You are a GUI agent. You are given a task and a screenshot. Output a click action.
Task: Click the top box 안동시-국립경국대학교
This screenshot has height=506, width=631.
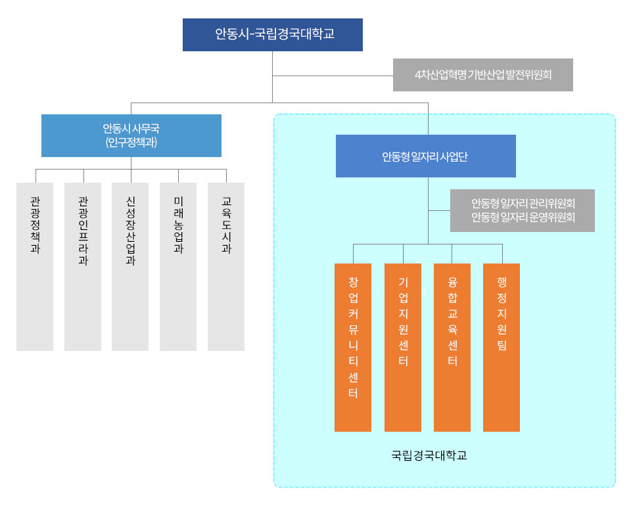click(272, 35)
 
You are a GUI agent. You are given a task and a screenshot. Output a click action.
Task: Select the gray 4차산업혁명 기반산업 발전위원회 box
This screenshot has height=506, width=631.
click(483, 75)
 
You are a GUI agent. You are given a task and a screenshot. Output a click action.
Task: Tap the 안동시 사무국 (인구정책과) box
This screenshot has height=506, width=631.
click(131, 135)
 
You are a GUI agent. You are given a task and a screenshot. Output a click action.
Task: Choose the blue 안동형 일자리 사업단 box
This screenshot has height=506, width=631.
click(426, 156)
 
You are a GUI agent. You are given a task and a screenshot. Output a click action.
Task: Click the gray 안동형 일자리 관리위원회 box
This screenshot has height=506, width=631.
click(523, 210)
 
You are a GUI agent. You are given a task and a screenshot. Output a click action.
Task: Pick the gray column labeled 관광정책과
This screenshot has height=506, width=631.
click(35, 267)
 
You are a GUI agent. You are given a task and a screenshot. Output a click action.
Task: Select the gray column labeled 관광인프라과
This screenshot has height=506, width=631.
click(83, 267)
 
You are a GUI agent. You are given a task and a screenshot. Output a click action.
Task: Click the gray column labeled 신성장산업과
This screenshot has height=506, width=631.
click(130, 267)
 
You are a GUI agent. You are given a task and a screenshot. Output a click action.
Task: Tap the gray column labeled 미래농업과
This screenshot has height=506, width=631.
click(178, 267)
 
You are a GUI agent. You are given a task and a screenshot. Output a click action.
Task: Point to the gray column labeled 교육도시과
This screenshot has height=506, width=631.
click(226, 267)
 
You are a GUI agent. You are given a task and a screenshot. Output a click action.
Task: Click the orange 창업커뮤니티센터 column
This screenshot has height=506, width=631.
click(353, 348)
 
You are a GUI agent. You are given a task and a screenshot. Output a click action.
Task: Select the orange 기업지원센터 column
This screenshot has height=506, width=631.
click(403, 348)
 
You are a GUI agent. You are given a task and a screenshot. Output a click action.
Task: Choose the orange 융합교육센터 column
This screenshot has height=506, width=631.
click(452, 348)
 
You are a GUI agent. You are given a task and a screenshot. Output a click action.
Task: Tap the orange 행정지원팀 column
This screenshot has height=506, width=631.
click(502, 348)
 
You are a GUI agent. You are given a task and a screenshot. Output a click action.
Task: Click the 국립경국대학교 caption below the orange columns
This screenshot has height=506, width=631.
click(429, 455)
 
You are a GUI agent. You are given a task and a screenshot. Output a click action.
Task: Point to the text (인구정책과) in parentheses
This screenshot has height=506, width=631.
click(131, 143)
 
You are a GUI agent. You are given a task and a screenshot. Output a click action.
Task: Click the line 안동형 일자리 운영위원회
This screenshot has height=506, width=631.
click(523, 218)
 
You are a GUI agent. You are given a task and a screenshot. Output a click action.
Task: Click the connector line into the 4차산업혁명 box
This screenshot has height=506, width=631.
click(333, 76)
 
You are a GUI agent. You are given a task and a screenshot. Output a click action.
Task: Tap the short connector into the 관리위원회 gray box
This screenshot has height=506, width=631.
click(439, 210)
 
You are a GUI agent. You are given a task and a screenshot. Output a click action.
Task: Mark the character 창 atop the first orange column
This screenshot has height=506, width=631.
click(354, 282)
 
